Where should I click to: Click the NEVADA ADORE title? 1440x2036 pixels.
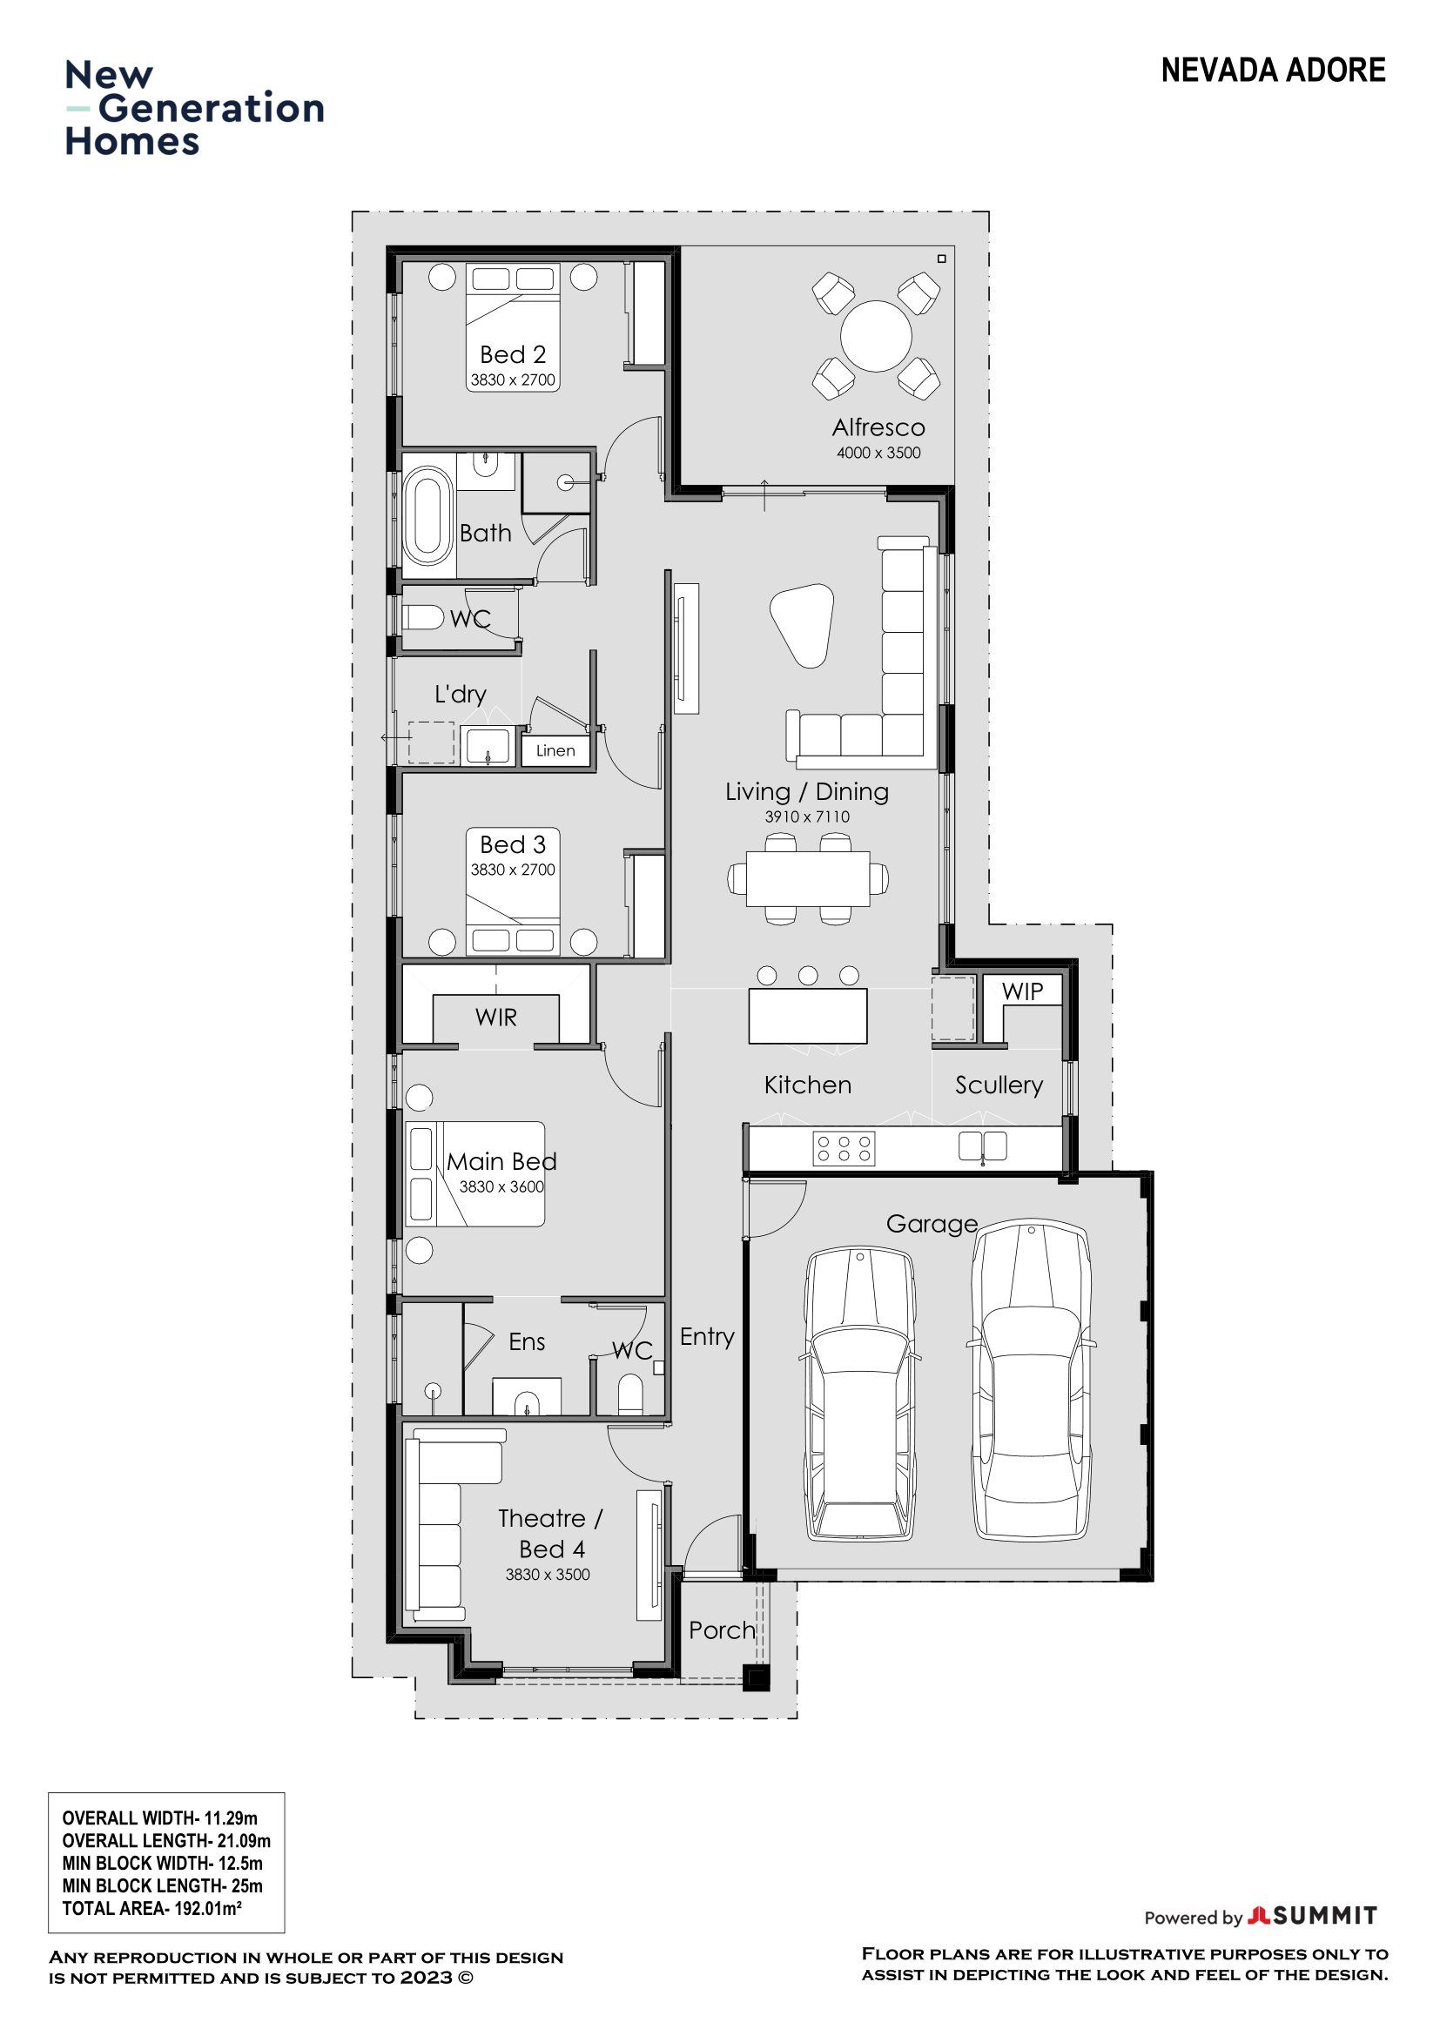click(x=1274, y=70)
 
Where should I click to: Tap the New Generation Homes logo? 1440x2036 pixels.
click(x=194, y=108)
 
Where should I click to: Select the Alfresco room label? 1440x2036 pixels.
click(x=878, y=427)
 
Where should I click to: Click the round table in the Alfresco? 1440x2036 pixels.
click(x=876, y=336)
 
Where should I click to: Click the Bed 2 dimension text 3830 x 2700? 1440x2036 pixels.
click(x=513, y=380)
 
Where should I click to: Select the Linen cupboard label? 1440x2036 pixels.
click(x=555, y=750)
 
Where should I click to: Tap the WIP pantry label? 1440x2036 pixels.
click(x=1022, y=991)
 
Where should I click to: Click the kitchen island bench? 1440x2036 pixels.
click(x=808, y=1016)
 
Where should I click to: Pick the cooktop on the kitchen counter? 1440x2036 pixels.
click(x=844, y=1149)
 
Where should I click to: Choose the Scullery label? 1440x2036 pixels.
click(x=999, y=1085)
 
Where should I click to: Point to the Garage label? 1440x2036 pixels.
click(x=932, y=1225)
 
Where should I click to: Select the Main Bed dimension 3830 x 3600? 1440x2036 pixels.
click(x=501, y=1186)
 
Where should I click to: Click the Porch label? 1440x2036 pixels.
click(x=722, y=1629)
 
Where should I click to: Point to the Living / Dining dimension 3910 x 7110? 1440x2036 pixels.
click(x=807, y=816)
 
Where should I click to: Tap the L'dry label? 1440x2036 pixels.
click(x=461, y=695)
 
